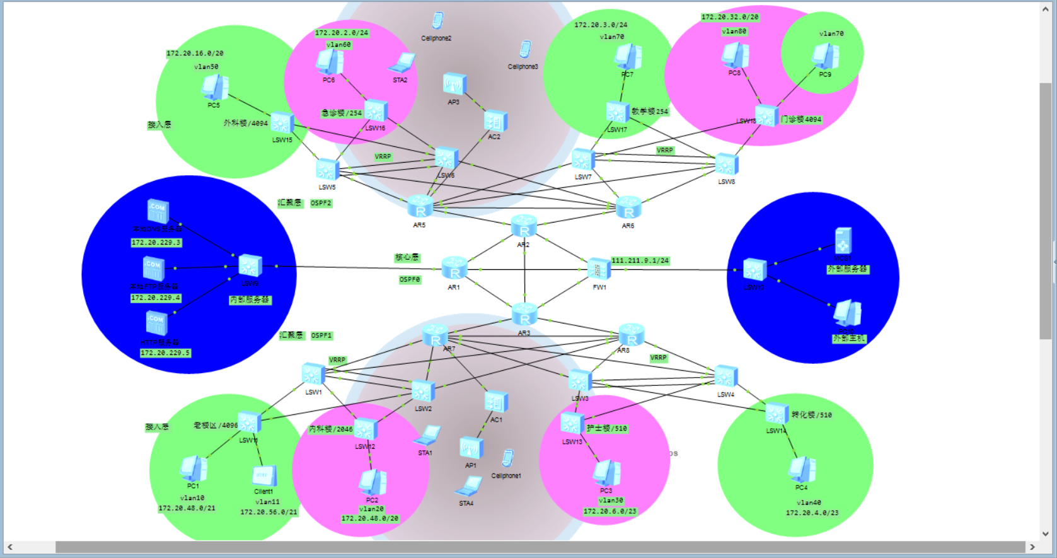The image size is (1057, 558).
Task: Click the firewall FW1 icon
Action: [598, 269]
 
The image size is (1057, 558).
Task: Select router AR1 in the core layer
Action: [454, 268]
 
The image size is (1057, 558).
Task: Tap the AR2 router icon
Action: [524, 226]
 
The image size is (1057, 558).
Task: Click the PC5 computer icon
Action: [214, 88]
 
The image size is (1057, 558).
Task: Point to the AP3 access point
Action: [454, 84]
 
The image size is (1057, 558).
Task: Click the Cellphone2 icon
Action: [437, 21]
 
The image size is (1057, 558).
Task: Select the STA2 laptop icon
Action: [401, 64]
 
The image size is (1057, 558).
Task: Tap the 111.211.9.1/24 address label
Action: [640, 260]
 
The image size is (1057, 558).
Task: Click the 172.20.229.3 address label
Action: [156, 243]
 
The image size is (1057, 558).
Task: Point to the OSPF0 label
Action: [410, 279]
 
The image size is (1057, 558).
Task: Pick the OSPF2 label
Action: [321, 203]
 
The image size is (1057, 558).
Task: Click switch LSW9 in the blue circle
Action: [250, 266]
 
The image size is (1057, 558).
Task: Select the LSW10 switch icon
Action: [754, 270]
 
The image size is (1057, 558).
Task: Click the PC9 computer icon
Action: [825, 57]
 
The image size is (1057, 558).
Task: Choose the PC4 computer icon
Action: [802, 469]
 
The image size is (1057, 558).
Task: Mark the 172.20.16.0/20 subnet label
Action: [195, 54]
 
